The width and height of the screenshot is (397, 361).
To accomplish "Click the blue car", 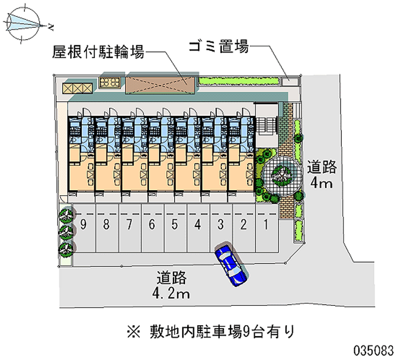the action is pos(230,265).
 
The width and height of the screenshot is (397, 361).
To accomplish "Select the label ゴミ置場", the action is pos(218,48).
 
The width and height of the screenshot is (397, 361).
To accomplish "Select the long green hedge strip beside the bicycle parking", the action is pos(239,80).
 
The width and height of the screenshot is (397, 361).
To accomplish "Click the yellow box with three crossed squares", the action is pos(77,88).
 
